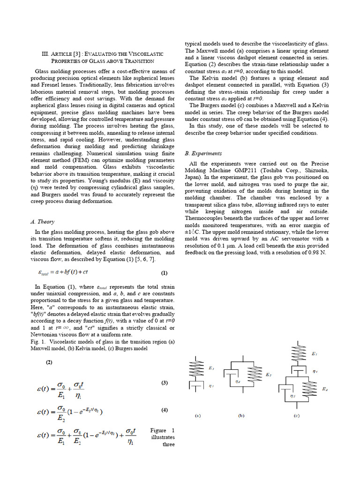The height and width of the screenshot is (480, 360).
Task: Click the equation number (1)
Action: pyautogui.click(x=164, y=273)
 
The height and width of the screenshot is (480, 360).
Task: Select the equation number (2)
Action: pyautogui.click(x=49, y=362)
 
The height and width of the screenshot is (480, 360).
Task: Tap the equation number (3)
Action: pyautogui.click(x=165, y=383)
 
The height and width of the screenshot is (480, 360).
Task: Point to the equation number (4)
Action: pyautogui.click(x=165, y=410)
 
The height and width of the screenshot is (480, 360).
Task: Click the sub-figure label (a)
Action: pyautogui.click(x=198, y=415)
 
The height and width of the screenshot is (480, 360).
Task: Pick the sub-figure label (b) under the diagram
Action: pyautogui.click(x=241, y=415)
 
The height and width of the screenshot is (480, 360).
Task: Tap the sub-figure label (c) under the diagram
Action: pyautogui.click(x=297, y=415)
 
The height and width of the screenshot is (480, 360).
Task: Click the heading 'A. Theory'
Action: pyautogui.click(x=42, y=222)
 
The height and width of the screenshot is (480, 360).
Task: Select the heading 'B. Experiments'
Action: pyautogui.click(x=203, y=153)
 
